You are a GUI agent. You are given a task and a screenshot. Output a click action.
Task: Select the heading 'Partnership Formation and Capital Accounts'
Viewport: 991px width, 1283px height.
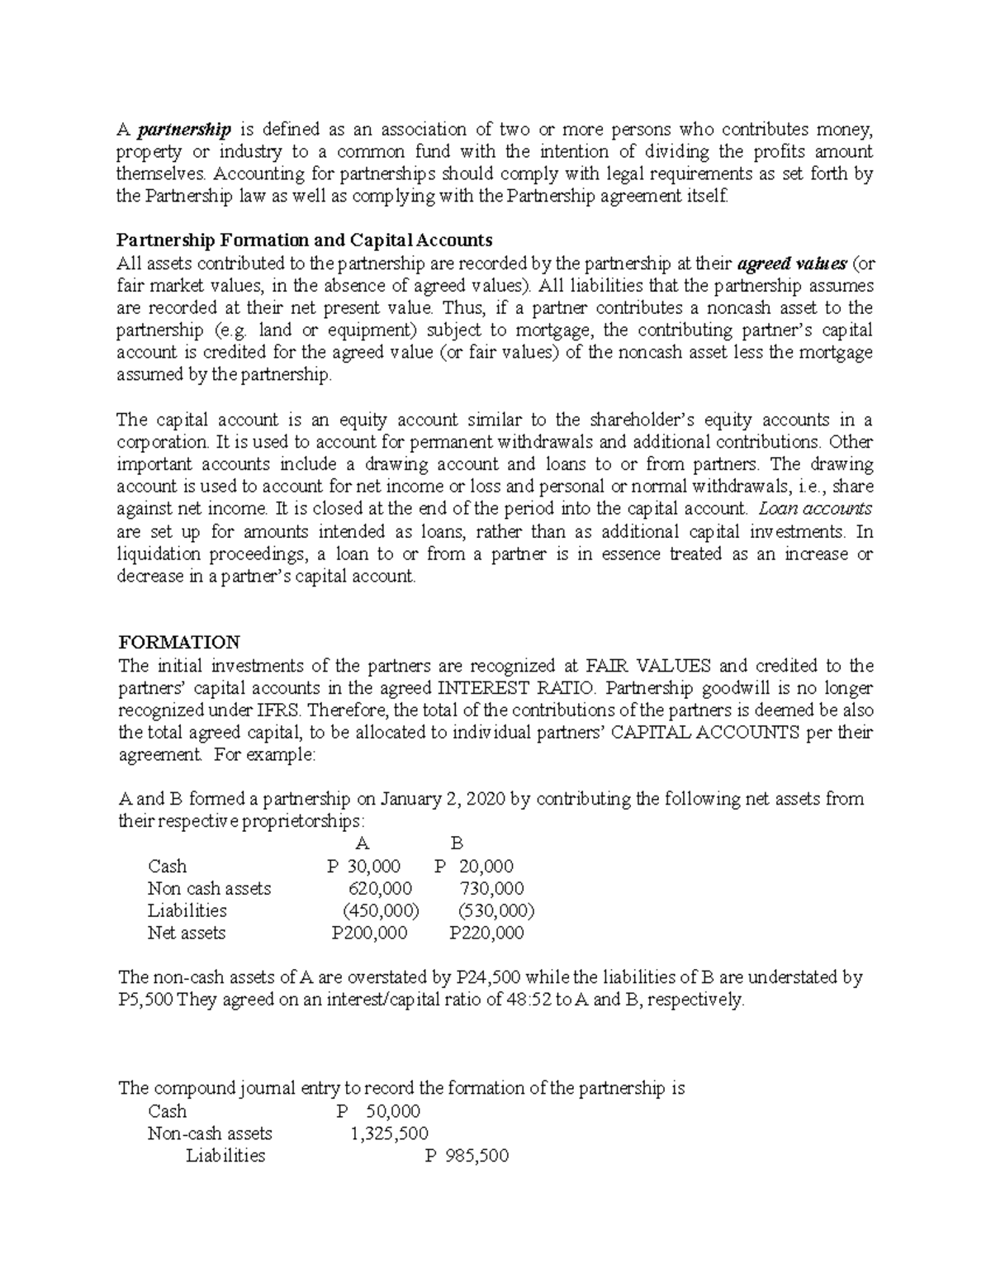(x=304, y=240)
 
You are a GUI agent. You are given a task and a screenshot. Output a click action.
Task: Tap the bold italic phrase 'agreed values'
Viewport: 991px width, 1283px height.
(x=791, y=264)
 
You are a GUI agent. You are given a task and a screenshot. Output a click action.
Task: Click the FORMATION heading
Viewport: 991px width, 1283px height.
(x=179, y=642)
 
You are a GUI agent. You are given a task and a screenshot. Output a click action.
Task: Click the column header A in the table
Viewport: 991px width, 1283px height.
(x=361, y=843)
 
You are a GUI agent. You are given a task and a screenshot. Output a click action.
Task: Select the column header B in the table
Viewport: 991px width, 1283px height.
(x=457, y=843)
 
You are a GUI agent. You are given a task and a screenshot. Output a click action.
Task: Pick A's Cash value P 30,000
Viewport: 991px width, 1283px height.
(x=363, y=866)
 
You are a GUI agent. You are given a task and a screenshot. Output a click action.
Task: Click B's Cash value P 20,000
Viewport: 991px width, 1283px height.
(x=473, y=866)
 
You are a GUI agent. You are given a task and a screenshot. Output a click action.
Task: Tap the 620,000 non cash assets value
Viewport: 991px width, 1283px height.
(x=380, y=888)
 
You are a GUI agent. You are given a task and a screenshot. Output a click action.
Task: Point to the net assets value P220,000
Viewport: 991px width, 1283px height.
(x=486, y=933)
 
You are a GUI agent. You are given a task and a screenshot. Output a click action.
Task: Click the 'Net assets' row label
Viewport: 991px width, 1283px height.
(x=186, y=933)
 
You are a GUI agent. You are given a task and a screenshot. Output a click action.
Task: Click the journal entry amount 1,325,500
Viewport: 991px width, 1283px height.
(x=389, y=1133)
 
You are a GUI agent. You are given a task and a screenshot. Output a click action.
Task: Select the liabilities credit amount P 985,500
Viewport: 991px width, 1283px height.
(x=467, y=1156)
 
